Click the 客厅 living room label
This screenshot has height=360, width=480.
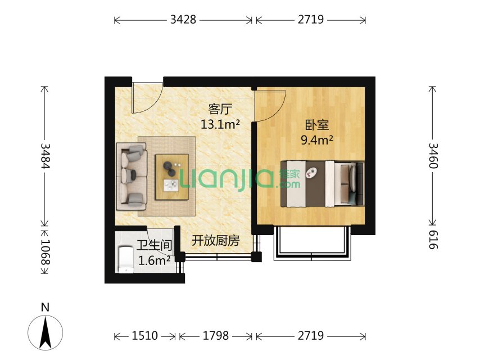click(220, 109)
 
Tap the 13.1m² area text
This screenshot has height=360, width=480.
click(220, 124)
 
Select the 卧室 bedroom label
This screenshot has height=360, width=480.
click(317, 125)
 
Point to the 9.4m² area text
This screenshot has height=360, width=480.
click(317, 140)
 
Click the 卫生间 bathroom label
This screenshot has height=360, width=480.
click(154, 245)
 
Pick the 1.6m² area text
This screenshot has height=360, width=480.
click(154, 260)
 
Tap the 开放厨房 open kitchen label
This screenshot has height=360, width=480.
click(215, 241)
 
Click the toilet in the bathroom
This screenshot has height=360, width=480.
click(126, 259)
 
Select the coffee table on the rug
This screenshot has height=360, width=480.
click(172, 177)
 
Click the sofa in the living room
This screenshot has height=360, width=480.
click(132, 176)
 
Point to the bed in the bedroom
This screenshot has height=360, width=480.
click(323, 183)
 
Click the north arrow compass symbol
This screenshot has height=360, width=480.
click(46, 332)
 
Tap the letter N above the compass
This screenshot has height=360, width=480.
click(46, 307)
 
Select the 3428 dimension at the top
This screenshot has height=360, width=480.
click(183, 20)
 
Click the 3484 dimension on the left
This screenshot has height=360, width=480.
click(45, 156)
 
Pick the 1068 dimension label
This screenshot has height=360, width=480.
click(45, 252)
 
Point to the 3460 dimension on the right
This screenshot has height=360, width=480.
click(433, 156)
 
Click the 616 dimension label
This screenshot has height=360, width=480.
click(433, 240)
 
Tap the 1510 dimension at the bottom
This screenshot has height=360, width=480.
click(145, 336)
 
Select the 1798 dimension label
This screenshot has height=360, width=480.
click(216, 336)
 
